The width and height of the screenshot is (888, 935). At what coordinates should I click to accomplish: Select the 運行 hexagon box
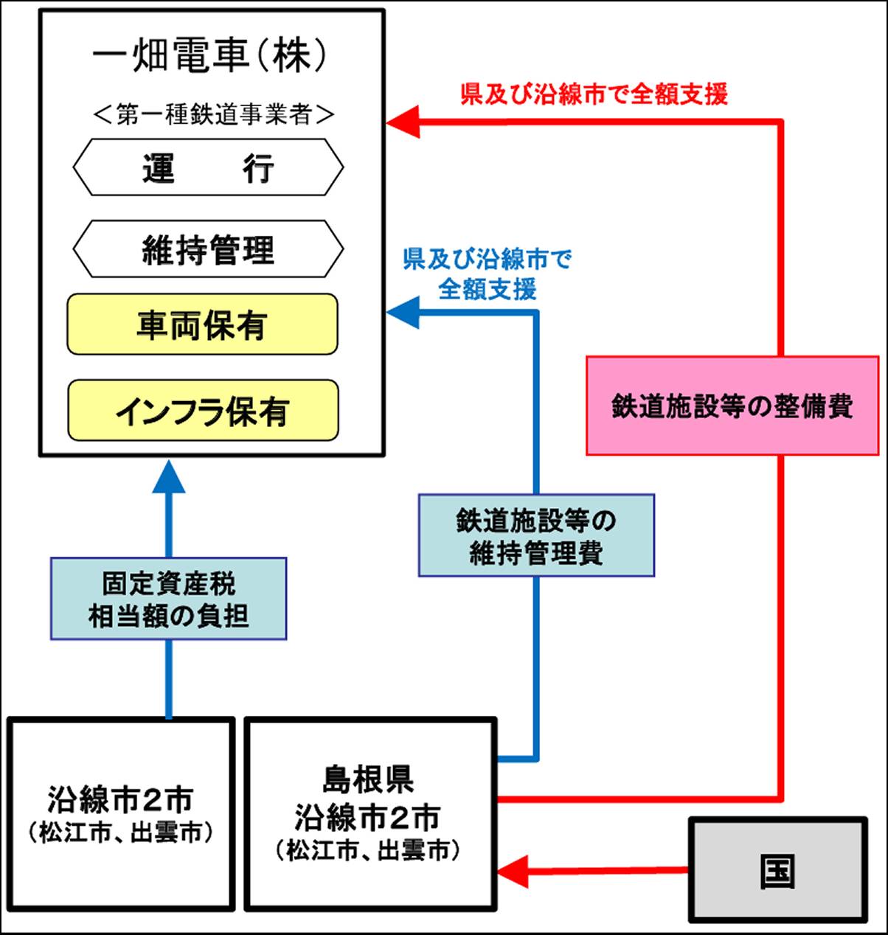tap(208, 167)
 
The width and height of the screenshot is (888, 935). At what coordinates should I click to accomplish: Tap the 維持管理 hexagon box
tap(208, 249)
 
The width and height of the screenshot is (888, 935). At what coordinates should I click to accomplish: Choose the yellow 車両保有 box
tap(202, 324)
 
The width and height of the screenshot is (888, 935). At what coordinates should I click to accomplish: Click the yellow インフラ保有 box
tap(203, 411)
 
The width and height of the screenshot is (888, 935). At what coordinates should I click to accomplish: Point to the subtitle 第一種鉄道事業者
tap(215, 114)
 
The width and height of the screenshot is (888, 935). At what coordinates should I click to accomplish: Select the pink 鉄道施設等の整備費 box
tap(732, 406)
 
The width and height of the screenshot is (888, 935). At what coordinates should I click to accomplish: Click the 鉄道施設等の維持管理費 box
tap(536, 535)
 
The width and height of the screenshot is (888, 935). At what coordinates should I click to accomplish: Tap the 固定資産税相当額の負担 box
tap(168, 598)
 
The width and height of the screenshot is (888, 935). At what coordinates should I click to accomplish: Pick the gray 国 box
tap(777, 870)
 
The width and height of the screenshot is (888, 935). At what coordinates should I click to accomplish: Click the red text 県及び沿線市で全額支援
tap(594, 94)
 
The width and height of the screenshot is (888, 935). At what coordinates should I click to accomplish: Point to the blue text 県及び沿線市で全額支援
tap(488, 274)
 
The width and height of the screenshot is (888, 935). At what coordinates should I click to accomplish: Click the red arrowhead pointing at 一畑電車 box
tap(403, 122)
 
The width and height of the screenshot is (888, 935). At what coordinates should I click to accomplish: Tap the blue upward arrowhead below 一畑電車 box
tap(169, 478)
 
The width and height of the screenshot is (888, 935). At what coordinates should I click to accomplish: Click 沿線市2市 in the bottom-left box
tap(120, 799)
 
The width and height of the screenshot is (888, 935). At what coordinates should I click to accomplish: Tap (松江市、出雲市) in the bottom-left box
tap(120, 833)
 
